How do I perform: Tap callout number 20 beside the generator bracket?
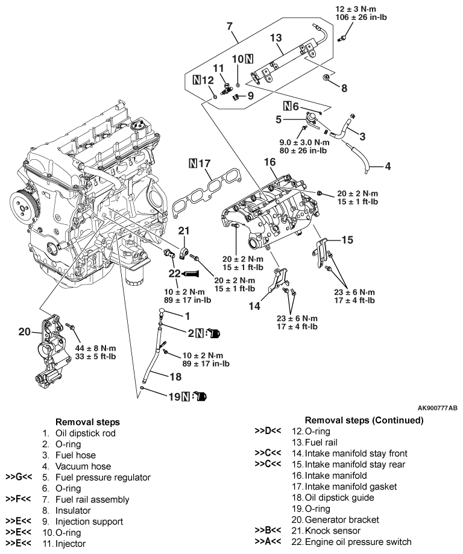point(24,332)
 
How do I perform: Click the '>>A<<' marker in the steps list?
point(269,541)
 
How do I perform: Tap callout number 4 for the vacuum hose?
point(388,165)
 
